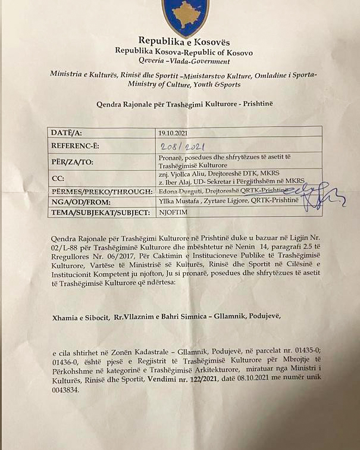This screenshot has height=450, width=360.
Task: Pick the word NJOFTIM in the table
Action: point(171,212)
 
